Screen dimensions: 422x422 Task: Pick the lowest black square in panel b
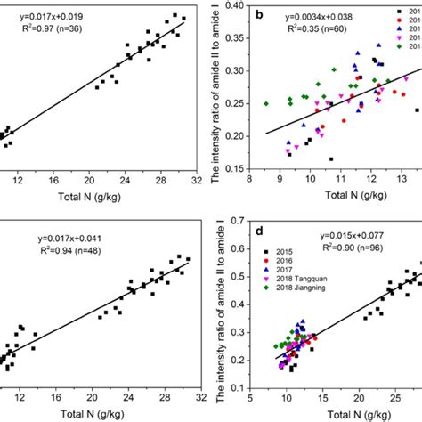[331, 159]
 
